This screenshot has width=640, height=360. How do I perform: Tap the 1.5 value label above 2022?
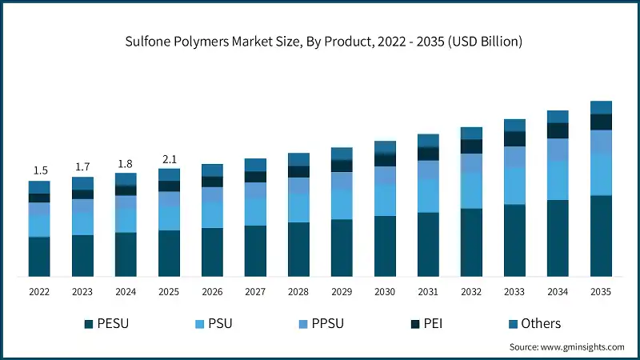tap(40, 170)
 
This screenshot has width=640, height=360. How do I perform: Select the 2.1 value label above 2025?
tap(169, 158)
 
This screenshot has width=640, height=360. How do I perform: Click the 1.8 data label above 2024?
tap(126, 163)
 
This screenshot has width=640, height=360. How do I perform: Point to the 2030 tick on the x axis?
tap(385, 292)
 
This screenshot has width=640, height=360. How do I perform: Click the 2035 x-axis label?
tap(601, 292)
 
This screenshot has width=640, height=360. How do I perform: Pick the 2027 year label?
tap(255, 292)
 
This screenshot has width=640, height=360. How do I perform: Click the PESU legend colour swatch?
tap(89, 324)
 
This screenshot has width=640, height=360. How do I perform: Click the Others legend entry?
tap(541, 324)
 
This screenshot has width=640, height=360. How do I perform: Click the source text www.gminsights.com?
tap(567, 347)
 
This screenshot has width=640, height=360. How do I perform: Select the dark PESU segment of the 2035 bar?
tap(601, 236)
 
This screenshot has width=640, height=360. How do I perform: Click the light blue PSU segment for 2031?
tap(428, 196)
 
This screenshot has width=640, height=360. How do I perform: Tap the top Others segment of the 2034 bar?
tap(558, 117)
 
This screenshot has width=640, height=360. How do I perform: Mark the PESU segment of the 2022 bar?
tap(40, 257)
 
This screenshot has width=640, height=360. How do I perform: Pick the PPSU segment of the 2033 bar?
tap(514, 157)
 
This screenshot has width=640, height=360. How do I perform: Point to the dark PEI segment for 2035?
tap(601, 122)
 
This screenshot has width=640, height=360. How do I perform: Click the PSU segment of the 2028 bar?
tap(298, 208)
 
